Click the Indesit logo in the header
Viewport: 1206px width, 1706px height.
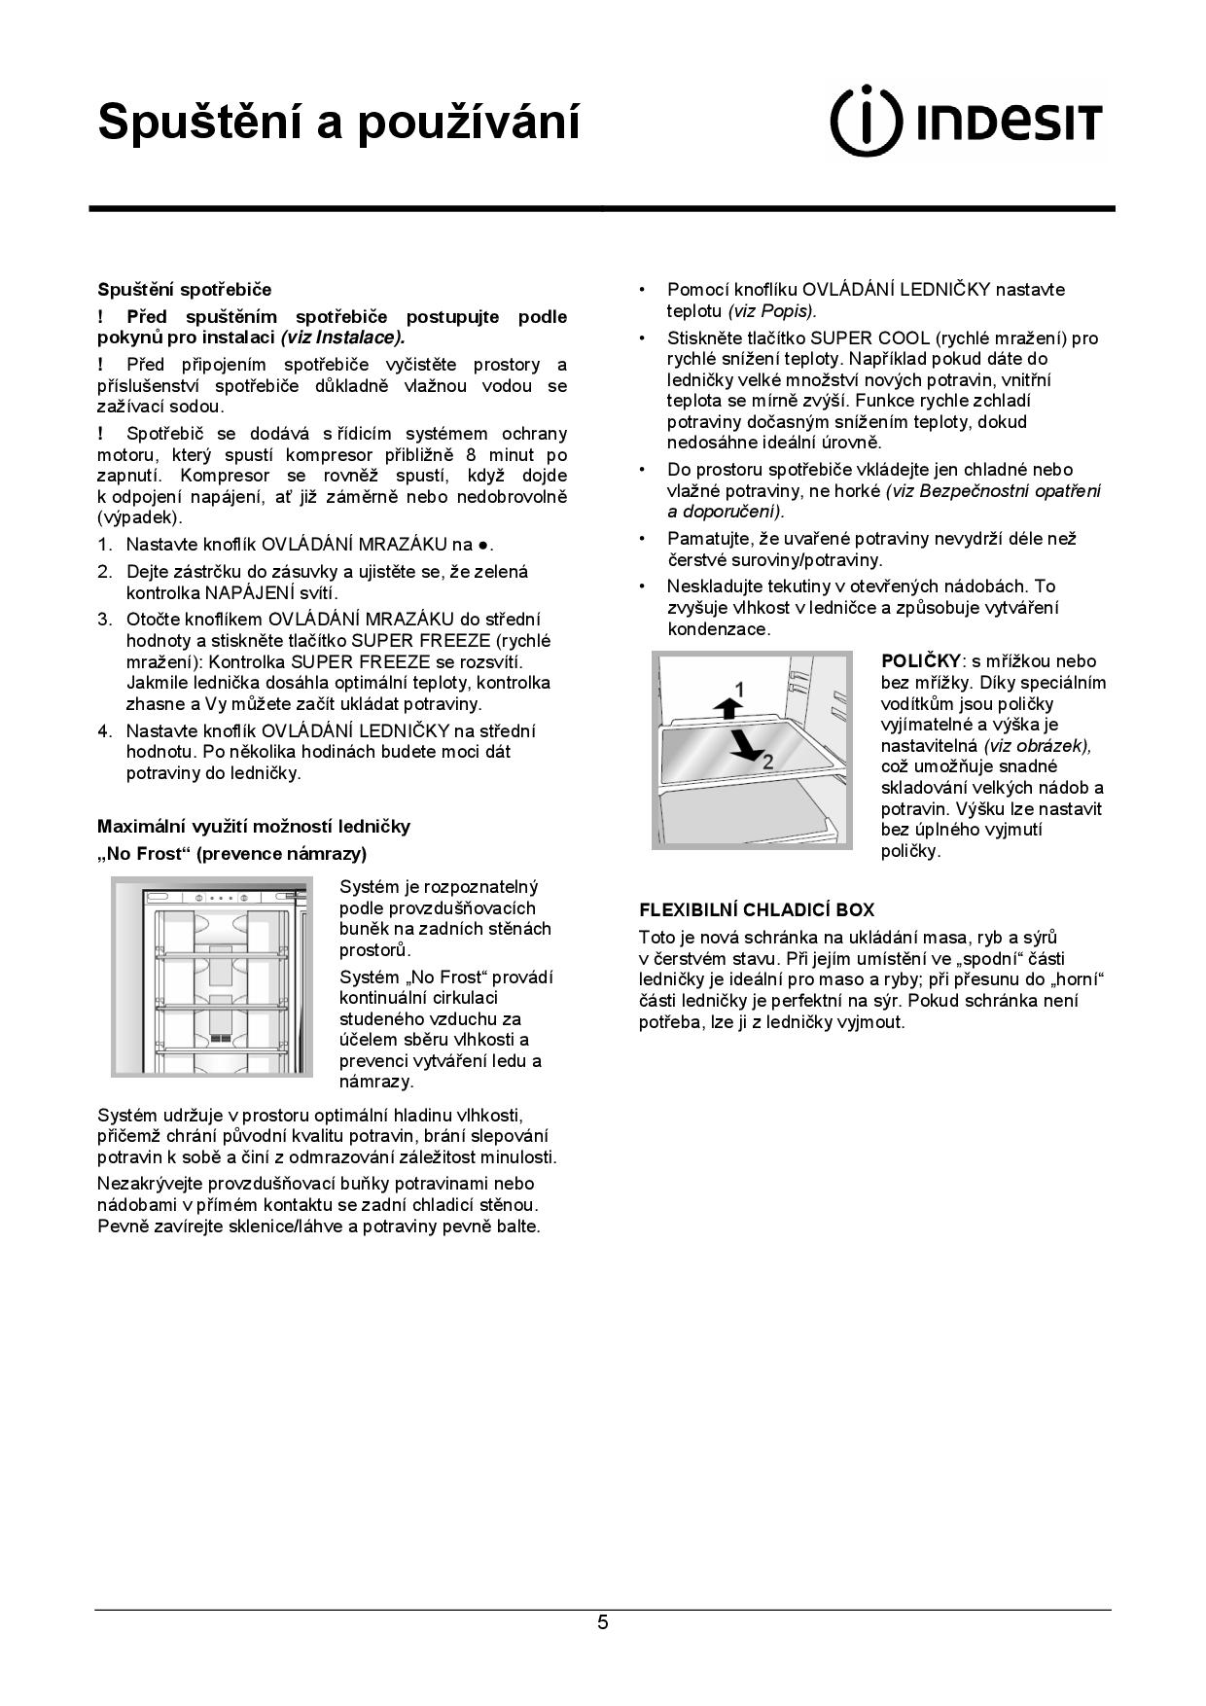pos(966,122)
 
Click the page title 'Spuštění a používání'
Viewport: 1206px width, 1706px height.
pos(338,123)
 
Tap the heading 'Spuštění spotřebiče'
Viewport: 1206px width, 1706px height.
pos(184,290)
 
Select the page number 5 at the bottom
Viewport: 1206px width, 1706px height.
pos(603,1622)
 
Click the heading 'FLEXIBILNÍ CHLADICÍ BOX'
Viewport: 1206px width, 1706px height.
pos(756,910)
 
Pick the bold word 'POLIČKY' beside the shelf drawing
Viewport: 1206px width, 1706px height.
pos(920,661)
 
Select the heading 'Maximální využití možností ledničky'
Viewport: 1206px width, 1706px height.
pos(253,827)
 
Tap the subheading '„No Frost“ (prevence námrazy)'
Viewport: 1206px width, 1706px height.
pos(231,854)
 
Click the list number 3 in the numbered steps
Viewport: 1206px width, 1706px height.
pos(104,620)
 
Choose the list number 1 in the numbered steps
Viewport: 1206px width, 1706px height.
pos(104,545)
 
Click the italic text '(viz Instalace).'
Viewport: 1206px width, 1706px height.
pos(342,338)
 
